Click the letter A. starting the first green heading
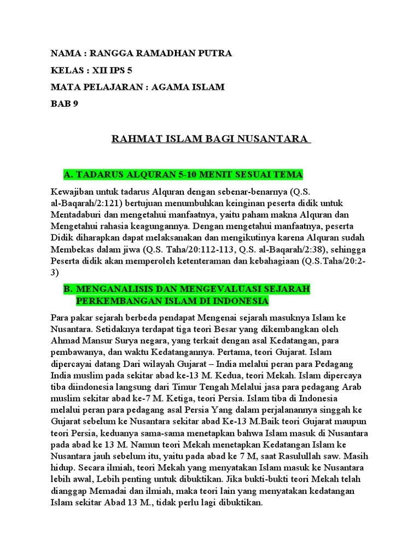[68, 174]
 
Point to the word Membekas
[71, 249]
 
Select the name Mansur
[97, 329]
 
